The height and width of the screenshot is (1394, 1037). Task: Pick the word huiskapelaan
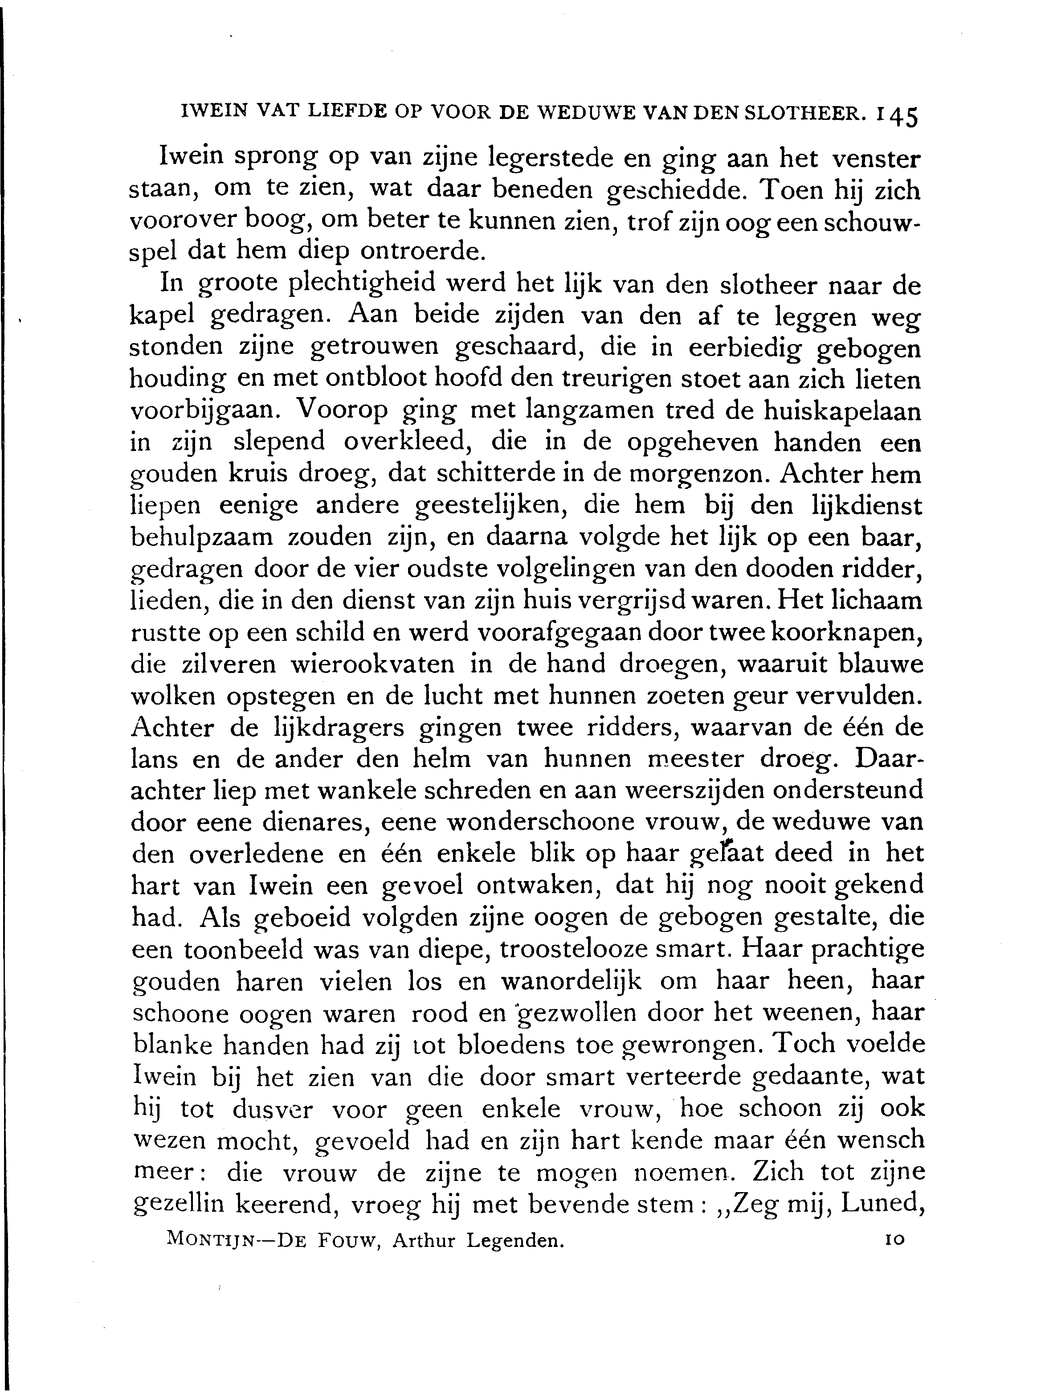pyautogui.click(x=842, y=411)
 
